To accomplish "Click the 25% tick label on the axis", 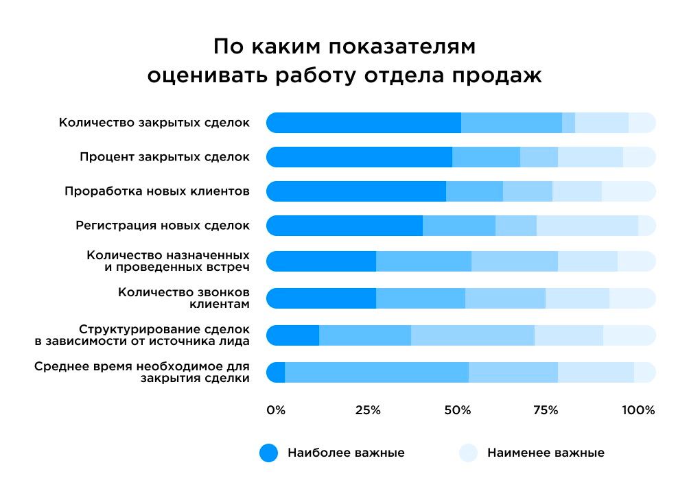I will click(x=368, y=410).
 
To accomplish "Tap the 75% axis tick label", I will click(x=546, y=410).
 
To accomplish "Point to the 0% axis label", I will click(x=276, y=410).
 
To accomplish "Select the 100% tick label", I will click(x=638, y=410).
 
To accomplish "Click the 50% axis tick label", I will click(x=458, y=410).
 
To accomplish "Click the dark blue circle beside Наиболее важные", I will click(x=269, y=453).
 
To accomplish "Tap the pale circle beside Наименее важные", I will click(x=468, y=453).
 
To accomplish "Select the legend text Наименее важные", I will click(x=546, y=453).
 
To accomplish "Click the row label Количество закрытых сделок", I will click(x=154, y=123).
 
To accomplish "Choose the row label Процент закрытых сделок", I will click(x=164, y=157).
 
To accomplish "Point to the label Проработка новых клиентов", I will click(x=156, y=191).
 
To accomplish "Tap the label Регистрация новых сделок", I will click(x=163, y=225).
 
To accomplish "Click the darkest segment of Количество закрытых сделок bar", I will click(x=364, y=123).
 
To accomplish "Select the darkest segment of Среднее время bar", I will click(x=276, y=372).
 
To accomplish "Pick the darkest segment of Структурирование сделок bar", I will click(x=293, y=335).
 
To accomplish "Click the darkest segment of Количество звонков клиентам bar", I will click(x=321, y=298).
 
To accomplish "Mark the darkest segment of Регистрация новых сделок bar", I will click(x=344, y=225).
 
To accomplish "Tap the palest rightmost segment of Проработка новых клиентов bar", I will click(x=628, y=191).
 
